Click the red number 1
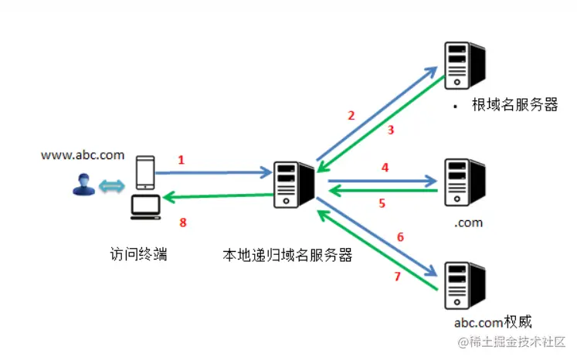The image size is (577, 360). [x=181, y=160]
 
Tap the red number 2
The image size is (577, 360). [x=351, y=116]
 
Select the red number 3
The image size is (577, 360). [x=391, y=131]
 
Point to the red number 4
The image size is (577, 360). [x=383, y=166]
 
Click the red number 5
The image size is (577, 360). [x=382, y=204]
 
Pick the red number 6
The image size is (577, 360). [x=399, y=237]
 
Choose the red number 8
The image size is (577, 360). [x=183, y=223]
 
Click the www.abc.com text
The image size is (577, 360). [x=83, y=155]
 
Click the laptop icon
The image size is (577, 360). [x=146, y=206]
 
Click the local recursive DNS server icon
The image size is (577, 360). [x=293, y=187]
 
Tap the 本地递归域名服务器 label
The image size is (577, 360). [x=287, y=255]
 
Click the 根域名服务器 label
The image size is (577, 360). [x=514, y=105]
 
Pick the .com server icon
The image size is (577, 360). [x=463, y=182]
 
